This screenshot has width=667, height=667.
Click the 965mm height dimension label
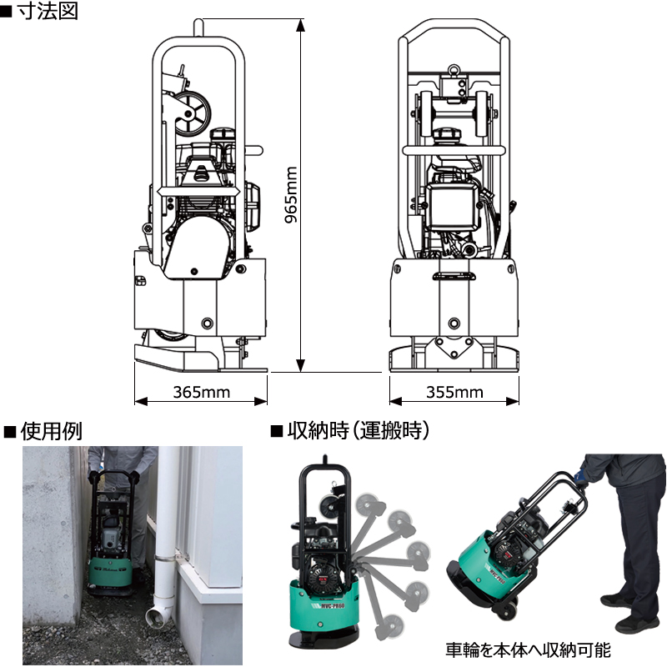291,195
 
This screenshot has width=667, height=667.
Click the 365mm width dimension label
201,392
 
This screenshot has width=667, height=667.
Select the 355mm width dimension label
454,392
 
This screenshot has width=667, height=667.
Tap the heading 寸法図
48,11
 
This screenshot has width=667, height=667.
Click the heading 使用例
51,431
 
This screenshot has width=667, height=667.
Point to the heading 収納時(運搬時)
359,431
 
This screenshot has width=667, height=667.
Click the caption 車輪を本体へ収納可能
528,649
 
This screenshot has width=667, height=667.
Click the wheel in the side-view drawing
193,113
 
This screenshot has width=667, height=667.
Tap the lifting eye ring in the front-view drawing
454,70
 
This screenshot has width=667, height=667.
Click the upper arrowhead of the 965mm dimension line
300,26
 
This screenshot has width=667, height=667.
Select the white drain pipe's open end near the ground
155,615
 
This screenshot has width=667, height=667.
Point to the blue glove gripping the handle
581,475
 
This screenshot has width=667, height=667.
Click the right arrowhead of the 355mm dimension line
513,401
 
